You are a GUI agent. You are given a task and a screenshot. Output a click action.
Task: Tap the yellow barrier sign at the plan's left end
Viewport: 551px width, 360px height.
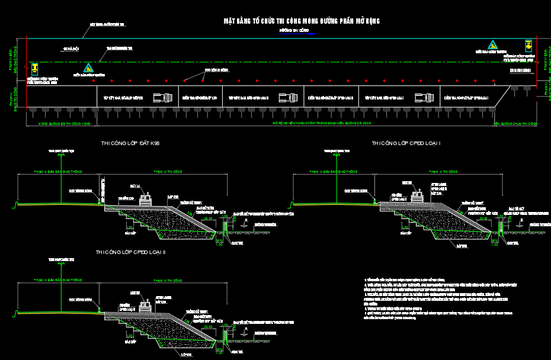coord(35,68)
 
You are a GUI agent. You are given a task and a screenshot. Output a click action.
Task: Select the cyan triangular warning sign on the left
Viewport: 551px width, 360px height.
coord(88,68)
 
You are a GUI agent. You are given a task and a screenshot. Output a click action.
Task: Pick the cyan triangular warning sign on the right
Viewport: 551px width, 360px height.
coord(492,44)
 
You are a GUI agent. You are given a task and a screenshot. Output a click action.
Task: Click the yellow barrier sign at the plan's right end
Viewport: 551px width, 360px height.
coord(527,45)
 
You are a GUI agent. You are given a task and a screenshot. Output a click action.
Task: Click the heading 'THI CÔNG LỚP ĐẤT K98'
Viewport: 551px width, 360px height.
coord(130,143)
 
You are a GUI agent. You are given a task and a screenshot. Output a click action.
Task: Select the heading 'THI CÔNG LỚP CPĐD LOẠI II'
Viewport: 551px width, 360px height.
coord(131,252)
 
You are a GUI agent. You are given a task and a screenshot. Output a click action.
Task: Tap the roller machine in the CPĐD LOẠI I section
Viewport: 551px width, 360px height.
coord(419,199)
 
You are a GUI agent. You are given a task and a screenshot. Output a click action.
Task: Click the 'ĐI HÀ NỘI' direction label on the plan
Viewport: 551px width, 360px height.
coord(71,49)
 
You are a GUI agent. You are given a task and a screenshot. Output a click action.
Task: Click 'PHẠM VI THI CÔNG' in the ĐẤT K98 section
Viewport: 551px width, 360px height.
coord(169,172)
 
